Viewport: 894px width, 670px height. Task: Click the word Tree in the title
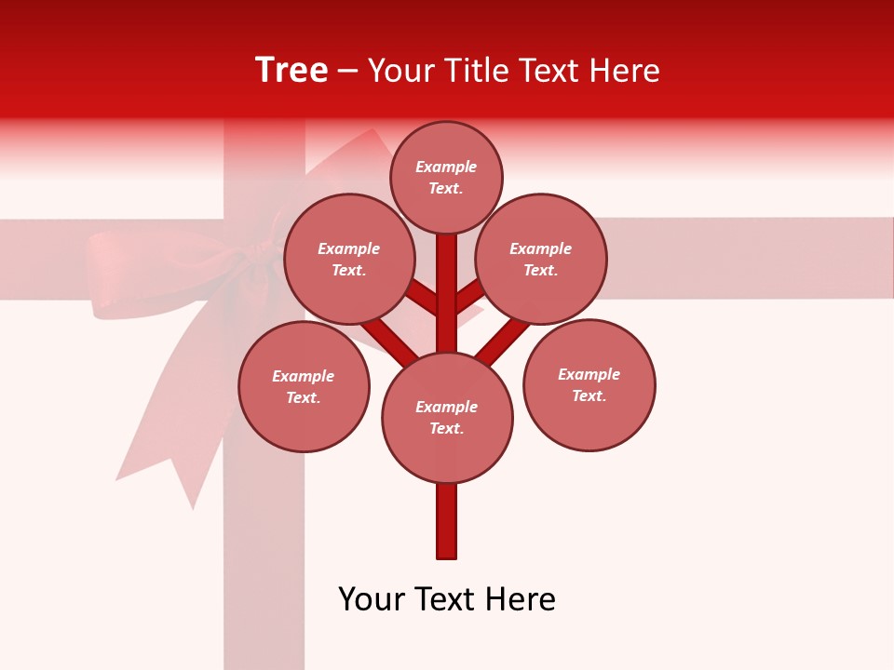[x=291, y=70]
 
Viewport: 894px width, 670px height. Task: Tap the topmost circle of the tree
[x=446, y=177]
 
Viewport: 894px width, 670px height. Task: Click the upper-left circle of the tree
[x=348, y=259]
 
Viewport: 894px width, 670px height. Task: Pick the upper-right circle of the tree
[x=541, y=259]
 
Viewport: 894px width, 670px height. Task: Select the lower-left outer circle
[x=304, y=386]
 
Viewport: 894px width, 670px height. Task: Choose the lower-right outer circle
[x=589, y=384]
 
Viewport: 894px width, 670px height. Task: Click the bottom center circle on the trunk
[x=447, y=417]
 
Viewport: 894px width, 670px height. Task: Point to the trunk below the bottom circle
[x=447, y=521]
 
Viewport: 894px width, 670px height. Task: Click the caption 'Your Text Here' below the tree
[x=447, y=599]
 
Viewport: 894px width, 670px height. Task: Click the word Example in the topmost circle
[x=446, y=167]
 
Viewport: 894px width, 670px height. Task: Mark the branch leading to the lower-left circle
[x=387, y=339]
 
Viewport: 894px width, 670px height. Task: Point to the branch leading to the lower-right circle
[x=503, y=337]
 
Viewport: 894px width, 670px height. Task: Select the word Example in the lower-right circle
[x=589, y=374]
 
